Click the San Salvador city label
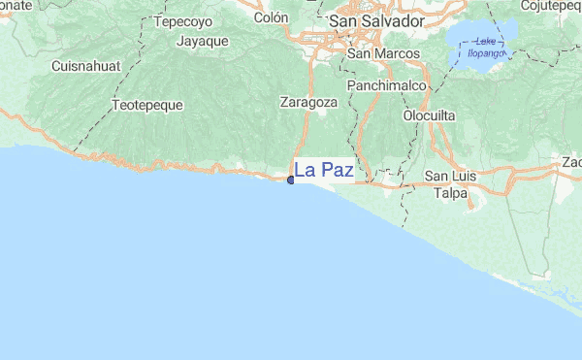coord(376,20)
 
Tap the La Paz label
coord(323,171)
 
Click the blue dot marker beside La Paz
coord(290,180)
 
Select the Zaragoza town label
coord(307,101)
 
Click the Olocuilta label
coord(429,115)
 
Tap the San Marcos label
coord(383,54)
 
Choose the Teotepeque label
coord(146,104)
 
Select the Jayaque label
coord(202,41)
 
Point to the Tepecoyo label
coord(182,20)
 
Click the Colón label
coord(271,17)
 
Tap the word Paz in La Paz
coord(337,171)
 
